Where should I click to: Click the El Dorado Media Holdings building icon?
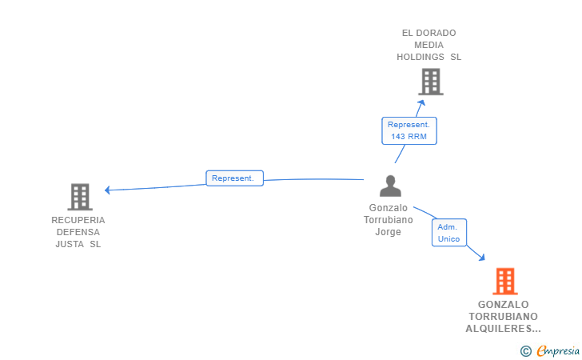pos(430,82)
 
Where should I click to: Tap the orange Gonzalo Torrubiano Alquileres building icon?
pos(504,282)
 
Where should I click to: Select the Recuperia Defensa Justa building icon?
pos(79,197)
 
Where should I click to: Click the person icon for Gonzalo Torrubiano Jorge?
pos(390,186)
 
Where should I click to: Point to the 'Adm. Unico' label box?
pos(449,233)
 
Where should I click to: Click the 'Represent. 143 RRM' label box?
pos(409,130)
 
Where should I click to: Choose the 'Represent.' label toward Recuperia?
pos(234,178)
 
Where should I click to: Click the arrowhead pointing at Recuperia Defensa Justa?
pos(108,190)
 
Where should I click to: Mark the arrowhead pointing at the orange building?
pos(482,258)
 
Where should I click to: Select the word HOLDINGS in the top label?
pos(421,57)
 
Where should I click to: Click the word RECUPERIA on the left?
pos(78,220)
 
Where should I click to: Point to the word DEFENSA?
pos(78,232)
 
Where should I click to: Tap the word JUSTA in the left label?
pos(70,244)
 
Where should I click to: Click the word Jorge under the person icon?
pos(388,232)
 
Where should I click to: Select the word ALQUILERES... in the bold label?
pos(503,328)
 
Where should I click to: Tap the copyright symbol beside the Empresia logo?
pos(525,350)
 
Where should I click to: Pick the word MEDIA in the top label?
pos(429,45)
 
